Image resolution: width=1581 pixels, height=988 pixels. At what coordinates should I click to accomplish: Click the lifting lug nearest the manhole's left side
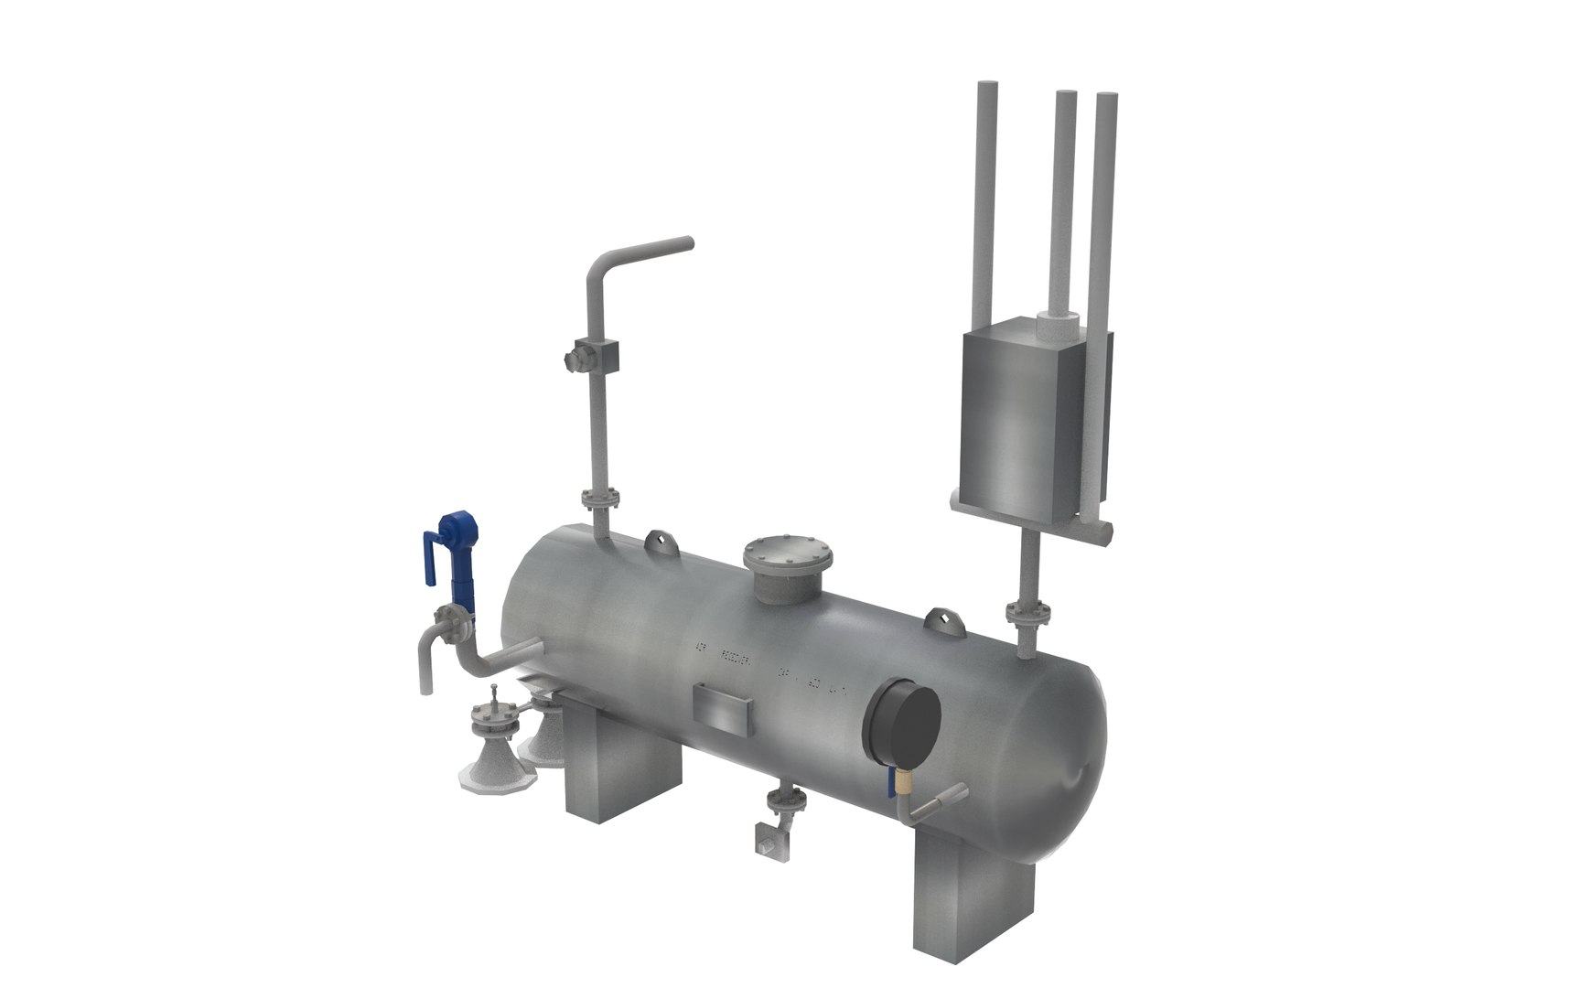(x=660, y=542)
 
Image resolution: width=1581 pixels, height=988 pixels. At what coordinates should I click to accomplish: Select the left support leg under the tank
(x=622, y=768)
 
